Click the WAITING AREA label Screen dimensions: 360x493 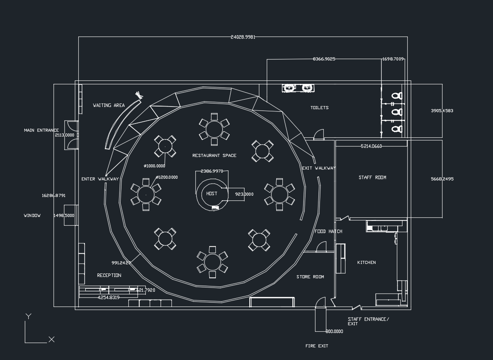tap(109, 105)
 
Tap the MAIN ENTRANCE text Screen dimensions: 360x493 tap(41, 130)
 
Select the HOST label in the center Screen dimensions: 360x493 tap(212, 193)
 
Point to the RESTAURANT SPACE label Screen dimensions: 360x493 tap(214, 156)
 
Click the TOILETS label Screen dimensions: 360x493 tap(319, 108)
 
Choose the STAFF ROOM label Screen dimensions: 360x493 tap(372, 177)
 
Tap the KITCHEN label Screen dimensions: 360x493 tap(366, 263)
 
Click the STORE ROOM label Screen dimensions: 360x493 tap(310, 277)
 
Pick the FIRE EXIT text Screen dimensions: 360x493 tap(317, 346)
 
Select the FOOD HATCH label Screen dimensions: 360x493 tap(329, 231)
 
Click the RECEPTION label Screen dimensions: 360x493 tap(109, 275)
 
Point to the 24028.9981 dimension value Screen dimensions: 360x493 tap(243, 37)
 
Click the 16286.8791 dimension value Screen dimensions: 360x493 tap(54, 196)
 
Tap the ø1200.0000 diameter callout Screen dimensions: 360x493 tap(167, 177)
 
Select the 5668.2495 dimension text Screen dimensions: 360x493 tap(442, 179)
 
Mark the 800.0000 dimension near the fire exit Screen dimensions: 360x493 tap(334, 332)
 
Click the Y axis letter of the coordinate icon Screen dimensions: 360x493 tap(28, 317)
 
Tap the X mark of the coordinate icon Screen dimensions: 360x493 tap(51, 340)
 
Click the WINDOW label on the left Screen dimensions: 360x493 tap(32, 216)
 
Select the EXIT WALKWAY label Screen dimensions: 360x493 tap(319, 168)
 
